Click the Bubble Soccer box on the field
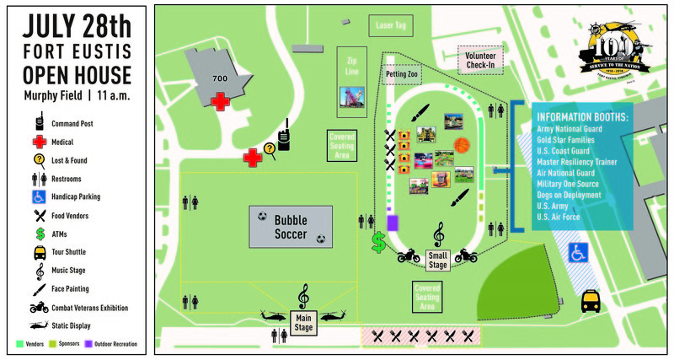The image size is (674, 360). coord(290,226)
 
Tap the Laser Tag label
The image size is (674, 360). coord(389,26)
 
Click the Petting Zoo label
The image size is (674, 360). coord(401,76)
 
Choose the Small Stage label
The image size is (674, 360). coord(438,261)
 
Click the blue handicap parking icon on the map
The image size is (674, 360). coord(578,251)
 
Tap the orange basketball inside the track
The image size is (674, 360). coord(461,145)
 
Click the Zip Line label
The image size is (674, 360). coord(352,66)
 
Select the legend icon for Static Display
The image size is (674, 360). coord(38,325)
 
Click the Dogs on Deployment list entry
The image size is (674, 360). coord(569,194)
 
